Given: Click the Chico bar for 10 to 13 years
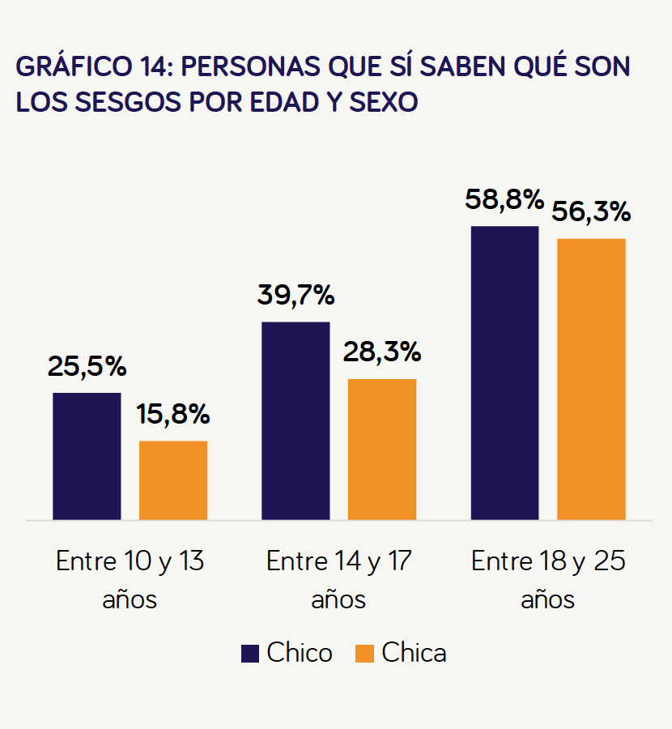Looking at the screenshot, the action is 87,456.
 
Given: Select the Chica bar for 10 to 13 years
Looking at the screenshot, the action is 173,480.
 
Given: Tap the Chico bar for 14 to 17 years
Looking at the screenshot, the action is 296,420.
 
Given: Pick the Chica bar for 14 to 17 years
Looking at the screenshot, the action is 382,449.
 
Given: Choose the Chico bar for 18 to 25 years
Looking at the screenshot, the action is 504,373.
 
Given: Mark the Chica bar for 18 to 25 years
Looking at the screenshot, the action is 591,379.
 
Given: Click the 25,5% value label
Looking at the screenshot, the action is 87,367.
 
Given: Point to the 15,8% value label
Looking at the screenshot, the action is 173,414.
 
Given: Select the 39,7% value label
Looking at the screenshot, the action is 296,295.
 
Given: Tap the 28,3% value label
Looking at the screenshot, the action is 382,352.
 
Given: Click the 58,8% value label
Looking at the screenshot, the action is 504,200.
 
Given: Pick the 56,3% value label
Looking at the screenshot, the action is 591,212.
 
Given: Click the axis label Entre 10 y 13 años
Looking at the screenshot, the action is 130,579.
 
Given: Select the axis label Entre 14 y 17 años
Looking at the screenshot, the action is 338,579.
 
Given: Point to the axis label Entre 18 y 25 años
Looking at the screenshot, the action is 548,579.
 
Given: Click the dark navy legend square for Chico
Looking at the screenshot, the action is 250,653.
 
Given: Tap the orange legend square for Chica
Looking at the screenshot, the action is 364,653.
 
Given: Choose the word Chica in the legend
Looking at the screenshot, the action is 414,653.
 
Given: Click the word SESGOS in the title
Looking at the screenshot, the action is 128,102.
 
